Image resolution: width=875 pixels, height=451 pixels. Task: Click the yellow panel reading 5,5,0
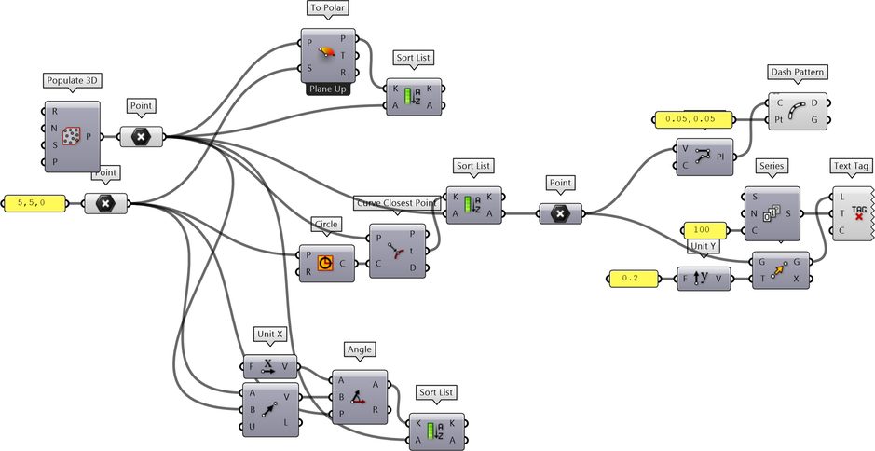click(x=35, y=203)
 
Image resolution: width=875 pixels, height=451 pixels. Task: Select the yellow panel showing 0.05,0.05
click(x=693, y=119)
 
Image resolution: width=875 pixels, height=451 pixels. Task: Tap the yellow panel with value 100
click(x=705, y=230)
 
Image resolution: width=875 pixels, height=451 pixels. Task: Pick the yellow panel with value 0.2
click(x=634, y=278)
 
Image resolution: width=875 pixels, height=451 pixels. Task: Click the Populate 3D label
click(x=72, y=80)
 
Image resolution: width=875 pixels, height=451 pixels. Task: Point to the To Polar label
click(x=328, y=8)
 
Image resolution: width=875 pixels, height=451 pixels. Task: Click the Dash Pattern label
click(x=797, y=72)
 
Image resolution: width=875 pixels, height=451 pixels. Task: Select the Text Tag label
click(x=850, y=166)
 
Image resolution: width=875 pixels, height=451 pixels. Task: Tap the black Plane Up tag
click(x=328, y=89)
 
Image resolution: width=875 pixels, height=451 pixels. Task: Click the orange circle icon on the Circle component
click(x=325, y=263)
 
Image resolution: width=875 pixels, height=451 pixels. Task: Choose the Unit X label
click(x=270, y=334)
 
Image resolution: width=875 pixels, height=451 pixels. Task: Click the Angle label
click(x=360, y=349)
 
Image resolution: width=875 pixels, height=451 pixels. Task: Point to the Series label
click(x=772, y=166)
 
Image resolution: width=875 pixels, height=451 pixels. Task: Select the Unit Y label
click(x=702, y=246)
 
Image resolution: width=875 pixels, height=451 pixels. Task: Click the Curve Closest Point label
click(x=397, y=203)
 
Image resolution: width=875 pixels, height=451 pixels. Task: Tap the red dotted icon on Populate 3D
click(x=72, y=136)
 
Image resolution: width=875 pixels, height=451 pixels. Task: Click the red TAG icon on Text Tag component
click(x=859, y=212)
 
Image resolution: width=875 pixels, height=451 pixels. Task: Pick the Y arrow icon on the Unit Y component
click(x=701, y=278)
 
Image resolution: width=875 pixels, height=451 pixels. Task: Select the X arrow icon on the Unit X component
click(x=267, y=366)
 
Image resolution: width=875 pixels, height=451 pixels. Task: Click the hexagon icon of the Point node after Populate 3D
click(x=142, y=136)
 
